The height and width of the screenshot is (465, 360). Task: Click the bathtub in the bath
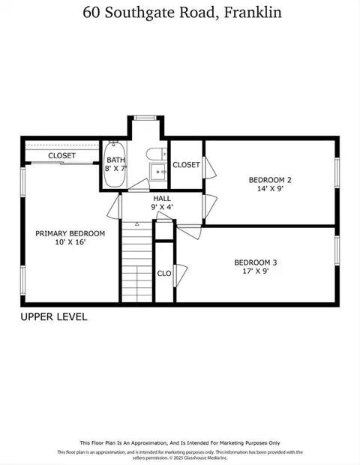point(115,164)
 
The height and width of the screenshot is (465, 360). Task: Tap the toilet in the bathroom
point(157,154)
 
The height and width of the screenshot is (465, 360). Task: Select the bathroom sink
point(158,172)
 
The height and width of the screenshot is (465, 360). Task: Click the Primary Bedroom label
point(70,234)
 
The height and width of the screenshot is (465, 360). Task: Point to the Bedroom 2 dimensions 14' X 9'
point(271,188)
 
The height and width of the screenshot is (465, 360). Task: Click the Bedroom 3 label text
point(256,262)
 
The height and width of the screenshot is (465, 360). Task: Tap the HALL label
point(162,199)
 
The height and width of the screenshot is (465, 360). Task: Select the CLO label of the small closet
point(164,274)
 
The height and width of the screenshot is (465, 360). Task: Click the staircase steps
point(137,262)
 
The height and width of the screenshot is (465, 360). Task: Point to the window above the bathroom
point(145,118)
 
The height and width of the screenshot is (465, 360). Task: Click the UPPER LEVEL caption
point(54,317)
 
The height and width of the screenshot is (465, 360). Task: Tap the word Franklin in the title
point(253,13)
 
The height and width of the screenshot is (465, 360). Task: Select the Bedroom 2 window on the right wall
point(337,172)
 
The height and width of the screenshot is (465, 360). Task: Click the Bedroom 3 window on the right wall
point(337,250)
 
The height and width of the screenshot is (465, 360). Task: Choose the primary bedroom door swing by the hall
point(114,207)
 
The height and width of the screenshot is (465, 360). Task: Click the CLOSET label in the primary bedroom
point(62,156)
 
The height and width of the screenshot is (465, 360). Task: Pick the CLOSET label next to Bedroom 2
point(186,165)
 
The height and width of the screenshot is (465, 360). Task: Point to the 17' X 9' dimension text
point(256,271)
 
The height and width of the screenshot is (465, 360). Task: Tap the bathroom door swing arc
point(139,184)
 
